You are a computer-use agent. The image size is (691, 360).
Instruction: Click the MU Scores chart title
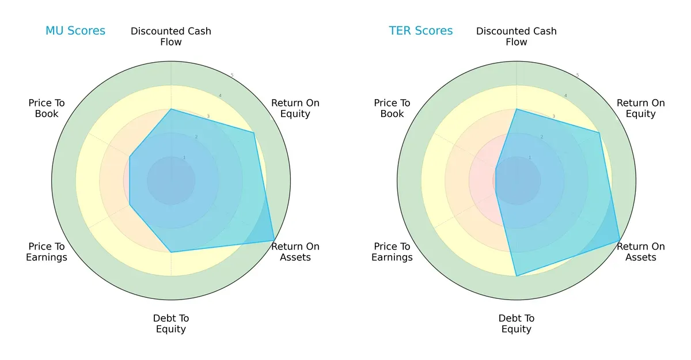point(75,31)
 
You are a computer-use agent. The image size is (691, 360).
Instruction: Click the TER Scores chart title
point(421,31)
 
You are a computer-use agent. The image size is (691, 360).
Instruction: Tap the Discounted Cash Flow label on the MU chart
point(171,36)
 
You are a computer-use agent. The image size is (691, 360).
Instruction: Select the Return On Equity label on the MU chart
point(295,108)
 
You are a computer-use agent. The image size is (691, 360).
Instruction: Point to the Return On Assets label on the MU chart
point(295,252)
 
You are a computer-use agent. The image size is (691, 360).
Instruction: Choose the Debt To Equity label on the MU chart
point(171,324)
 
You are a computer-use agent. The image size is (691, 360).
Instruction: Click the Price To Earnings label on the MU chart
point(47,252)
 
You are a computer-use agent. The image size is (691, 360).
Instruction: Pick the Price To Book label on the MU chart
point(47,108)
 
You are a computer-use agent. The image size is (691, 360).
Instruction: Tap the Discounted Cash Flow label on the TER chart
point(517,36)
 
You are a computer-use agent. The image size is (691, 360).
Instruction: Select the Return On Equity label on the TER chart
point(641,108)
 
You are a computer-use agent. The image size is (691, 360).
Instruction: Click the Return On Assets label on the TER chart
point(641,252)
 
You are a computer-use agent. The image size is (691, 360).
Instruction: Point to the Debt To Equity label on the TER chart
point(517,324)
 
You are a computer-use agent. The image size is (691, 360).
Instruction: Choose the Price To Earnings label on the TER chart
point(392,252)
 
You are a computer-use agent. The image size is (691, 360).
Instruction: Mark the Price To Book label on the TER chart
point(392,108)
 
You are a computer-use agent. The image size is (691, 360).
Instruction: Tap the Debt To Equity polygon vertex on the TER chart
point(517,276)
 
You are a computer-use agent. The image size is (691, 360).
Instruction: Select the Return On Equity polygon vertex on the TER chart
point(599,133)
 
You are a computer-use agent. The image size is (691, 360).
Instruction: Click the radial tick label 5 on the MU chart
point(232,75)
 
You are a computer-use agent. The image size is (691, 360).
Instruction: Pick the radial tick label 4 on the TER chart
point(565,96)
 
